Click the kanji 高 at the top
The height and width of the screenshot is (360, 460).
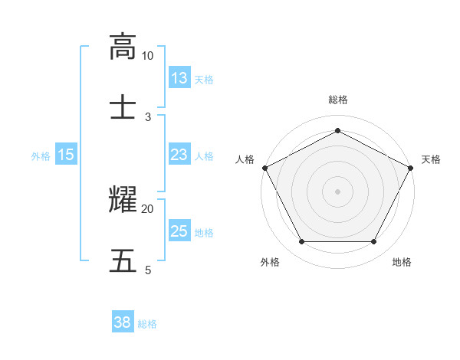click(x=123, y=47)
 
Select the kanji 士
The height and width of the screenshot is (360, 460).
click(x=123, y=105)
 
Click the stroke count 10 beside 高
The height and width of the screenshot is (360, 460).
click(x=148, y=56)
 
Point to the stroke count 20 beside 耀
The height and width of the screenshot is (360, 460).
click(x=148, y=208)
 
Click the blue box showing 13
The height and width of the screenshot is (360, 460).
click(x=179, y=78)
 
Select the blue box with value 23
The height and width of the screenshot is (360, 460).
click(x=179, y=155)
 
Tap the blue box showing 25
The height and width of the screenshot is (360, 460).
click(x=179, y=232)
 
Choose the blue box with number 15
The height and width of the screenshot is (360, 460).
click(x=66, y=155)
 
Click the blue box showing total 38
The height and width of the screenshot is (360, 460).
click(x=123, y=323)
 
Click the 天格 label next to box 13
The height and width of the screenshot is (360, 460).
click(x=204, y=79)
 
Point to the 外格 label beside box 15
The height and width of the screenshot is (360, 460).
click(x=41, y=156)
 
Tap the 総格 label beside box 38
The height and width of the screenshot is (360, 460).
click(x=147, y=324)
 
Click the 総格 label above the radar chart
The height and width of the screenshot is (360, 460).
click(x=337, y=100)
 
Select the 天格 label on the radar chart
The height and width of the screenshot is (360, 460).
click(x=431, y=159)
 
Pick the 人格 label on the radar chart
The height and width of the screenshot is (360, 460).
click(x=245, y=159)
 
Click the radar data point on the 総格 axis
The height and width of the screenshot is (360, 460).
click(x=337, y=131)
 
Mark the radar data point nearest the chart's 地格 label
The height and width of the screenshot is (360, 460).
click(x=374, y=242)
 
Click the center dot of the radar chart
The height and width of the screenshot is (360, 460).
click(x=337, y=191)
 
